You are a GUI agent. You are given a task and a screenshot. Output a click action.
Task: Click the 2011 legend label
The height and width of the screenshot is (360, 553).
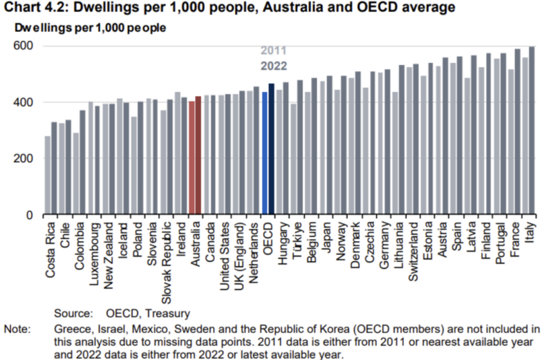pyautogui.click(x=273, y=51)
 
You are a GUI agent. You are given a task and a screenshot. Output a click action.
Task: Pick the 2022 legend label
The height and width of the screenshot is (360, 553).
pyautogui.click(x=273, y=66)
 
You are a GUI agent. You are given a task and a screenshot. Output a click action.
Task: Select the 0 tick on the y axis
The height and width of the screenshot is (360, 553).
pyautogui.click(x=31, y=215)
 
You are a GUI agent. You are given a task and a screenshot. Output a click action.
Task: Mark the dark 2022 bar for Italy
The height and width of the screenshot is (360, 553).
pyautogui.click(x=532, y=131)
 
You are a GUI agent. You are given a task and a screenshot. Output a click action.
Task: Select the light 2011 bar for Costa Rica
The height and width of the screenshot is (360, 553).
pyautogui.click(x=47, y=176)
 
